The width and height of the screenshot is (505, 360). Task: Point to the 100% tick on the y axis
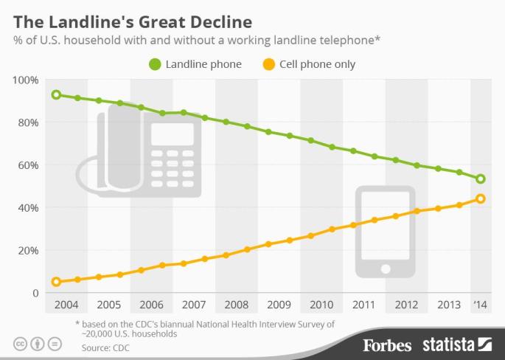[x=26, y=80]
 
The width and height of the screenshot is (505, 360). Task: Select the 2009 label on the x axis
[x=278, y=304]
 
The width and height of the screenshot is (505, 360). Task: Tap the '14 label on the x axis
[x=480, y=304]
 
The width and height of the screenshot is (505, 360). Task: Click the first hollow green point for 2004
[x=56, y=95]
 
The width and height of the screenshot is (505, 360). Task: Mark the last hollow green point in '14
[x=481, y=179]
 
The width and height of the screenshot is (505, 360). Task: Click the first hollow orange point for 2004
[x=56, y=282]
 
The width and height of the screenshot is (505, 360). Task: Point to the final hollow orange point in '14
[x=481, y=198]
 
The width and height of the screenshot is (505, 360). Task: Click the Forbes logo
[x=388, y=344]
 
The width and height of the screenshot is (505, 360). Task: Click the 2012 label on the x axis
[x=406, y=304]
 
